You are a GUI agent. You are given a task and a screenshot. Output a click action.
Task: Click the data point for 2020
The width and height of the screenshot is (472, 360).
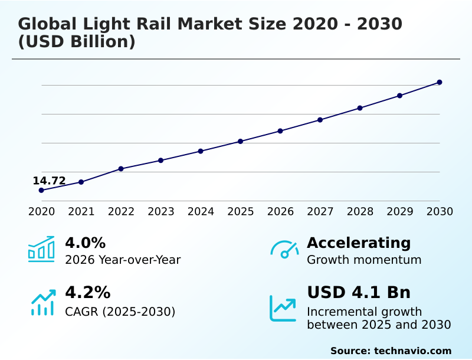click(x=41, y=190)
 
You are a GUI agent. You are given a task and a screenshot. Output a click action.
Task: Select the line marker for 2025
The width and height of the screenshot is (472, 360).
click(x=240, y=141)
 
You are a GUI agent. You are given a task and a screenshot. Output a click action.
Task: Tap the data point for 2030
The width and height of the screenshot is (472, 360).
click(x=440, y=82)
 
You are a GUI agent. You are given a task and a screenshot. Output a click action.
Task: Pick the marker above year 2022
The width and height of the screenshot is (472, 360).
click(x=121, y=169)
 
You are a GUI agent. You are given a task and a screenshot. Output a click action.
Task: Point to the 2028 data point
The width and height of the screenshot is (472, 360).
click(x=360, y=108)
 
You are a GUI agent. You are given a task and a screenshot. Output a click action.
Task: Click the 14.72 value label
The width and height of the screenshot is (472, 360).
click(x=49, y=181)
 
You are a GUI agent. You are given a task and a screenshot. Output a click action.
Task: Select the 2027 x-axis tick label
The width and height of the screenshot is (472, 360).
click(x=320, y=211)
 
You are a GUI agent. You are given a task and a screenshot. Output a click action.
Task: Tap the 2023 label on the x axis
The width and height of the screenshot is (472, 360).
click(x=160, y=211)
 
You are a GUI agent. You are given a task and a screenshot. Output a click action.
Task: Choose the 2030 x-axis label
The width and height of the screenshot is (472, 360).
click(x=440, y=211)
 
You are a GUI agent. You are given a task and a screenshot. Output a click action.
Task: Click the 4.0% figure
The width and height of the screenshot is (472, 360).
click(x=85, y=243)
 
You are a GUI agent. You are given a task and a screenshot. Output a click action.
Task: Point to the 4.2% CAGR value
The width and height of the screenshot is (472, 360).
click(x=87, y=293)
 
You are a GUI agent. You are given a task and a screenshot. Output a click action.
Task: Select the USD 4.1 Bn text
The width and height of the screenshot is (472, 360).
click(x=359, y=293)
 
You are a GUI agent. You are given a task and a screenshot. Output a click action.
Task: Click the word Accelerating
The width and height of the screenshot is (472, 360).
click(x=359, y=243)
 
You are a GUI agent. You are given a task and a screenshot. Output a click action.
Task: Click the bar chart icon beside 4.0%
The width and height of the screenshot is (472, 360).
click(x=41, y=249)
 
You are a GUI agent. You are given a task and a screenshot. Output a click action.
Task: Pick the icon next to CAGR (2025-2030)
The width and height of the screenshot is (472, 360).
click(x=42, y=302)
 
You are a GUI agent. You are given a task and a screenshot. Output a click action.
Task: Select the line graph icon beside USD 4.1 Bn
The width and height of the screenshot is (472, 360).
click(x=283, y=308)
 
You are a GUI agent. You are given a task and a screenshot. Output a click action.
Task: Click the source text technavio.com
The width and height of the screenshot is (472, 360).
click(x=412, y=351)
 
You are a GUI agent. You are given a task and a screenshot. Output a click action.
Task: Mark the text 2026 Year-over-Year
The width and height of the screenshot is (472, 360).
click(x=123, y=260)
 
